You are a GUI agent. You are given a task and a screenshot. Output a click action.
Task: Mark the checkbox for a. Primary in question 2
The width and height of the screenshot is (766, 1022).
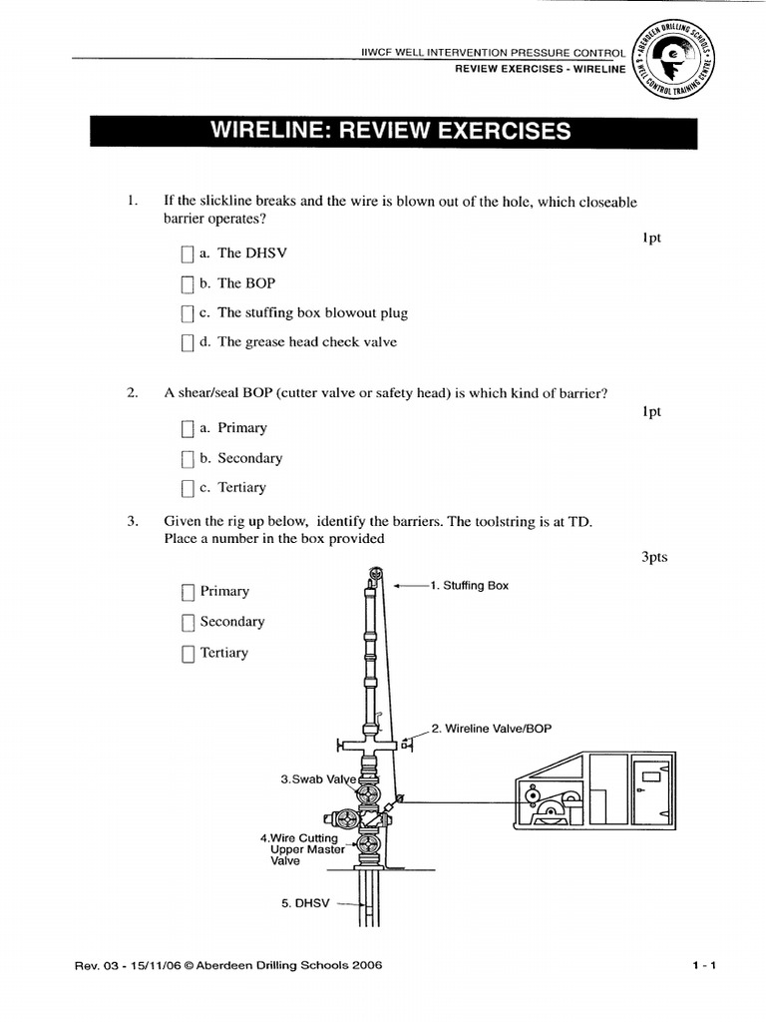[188, 429]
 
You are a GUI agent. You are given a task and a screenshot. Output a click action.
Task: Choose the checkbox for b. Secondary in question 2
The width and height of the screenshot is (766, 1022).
[188, 459]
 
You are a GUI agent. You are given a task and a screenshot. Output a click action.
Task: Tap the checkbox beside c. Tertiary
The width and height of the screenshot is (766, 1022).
[188, 488]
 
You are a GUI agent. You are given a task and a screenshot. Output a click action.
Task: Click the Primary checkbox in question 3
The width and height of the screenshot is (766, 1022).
[188, 592]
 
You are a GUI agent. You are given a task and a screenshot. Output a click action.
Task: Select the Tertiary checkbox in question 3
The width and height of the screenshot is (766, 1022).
[188, 654]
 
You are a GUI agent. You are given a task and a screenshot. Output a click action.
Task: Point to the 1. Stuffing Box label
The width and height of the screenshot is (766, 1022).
[469, 586]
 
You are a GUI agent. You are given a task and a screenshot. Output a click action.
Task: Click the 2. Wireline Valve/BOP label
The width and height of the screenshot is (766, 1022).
[491, 729]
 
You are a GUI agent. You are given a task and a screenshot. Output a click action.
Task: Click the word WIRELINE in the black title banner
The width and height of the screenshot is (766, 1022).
[267, 131]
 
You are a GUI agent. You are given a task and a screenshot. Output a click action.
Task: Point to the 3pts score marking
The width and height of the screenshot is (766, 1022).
[653, 558]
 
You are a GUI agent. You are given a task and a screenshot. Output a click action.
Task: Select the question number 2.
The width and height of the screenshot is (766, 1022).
[132, 393]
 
